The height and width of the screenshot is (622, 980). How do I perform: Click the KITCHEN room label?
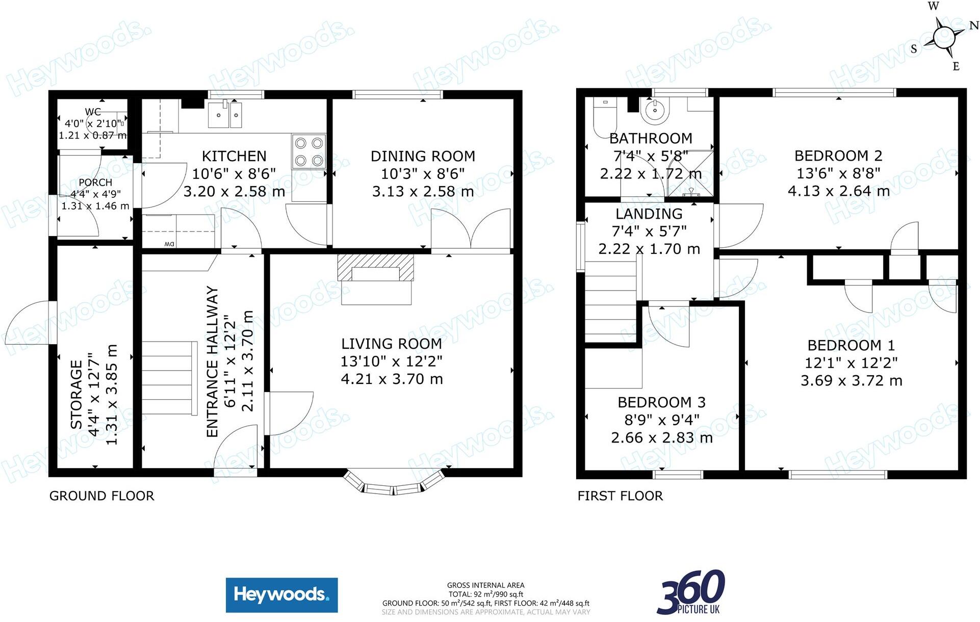[234, 156]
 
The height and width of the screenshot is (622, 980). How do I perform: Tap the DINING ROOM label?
[423, 156]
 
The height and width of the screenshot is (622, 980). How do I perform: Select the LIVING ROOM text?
[392, 344]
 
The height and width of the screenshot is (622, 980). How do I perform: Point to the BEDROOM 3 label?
[661, 402]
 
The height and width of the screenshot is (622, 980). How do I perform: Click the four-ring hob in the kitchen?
[308, 151]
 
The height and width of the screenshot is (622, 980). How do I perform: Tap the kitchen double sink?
[224, 115]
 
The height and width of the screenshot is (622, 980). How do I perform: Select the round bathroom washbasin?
[654, 111]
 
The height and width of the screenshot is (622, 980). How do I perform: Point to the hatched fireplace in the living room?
[376, 268]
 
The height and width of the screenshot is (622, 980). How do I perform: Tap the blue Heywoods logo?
[281, 595]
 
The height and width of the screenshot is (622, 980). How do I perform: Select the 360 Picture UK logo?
[691, 592]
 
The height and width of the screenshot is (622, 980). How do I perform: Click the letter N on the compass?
[973, 25]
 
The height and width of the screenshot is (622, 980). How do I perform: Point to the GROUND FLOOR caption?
[101, 496]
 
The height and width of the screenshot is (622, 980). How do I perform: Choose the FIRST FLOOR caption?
[620, 496]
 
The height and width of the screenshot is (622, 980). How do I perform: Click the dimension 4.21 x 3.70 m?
[392, 379]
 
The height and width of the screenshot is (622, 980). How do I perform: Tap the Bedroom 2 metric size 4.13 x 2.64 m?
[839, 191]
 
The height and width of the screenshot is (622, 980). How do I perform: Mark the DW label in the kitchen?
[169, 244]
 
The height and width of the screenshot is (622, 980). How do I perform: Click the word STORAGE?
[76, 395]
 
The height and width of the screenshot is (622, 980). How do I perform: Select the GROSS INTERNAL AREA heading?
[485, 585]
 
